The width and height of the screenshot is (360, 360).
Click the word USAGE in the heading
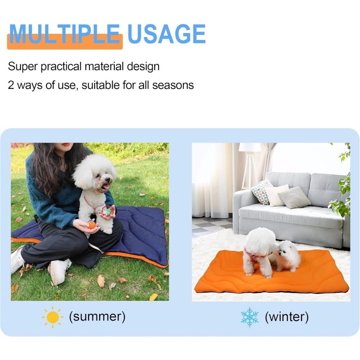(x=166, y=35)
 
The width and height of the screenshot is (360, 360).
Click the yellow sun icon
(x=53, y=317)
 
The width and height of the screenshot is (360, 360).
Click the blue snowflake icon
(x=249, y=317)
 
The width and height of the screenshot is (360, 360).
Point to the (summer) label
(x=97, y=317)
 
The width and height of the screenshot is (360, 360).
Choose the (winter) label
(x=287, y=317)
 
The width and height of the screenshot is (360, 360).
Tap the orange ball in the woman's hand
(x=91, y=225)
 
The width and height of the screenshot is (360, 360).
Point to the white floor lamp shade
(x=250, y=147)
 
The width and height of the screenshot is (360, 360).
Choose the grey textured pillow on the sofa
(x=294, y=197)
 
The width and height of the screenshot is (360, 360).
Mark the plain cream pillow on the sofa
(x=277, y=195)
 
